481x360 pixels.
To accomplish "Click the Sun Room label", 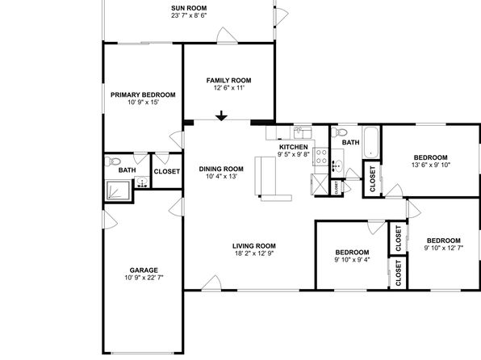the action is click(x=189, y=8).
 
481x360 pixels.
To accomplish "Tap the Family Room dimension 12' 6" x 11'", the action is click(x=229, y=88).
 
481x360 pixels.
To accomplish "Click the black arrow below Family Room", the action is click(x=221, y=115).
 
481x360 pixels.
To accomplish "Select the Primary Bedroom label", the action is click(x=143, y=94).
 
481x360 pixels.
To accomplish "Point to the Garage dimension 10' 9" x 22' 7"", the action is click(x=144, y=278).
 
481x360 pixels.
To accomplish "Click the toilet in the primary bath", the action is click(x=112, y=161).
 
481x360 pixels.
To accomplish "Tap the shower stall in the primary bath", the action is click(x=118, y=190).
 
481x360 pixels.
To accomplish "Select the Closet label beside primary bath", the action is click(x=166, y=172).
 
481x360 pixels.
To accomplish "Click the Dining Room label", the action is click(x=221, y=169).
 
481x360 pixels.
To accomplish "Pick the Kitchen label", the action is click(x=293, y=147).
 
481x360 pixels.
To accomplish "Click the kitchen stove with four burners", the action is click(x=320, y=157).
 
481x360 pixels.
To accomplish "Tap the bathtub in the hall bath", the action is click(x=371, y=142).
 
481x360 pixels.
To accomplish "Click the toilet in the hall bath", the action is click(x=340, y=132).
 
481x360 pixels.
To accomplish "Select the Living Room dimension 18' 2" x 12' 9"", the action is click(x=254, y=253).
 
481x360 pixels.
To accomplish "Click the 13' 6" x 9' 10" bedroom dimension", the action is click(x=431, y=165).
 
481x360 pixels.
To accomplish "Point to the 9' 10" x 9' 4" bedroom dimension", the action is click(x=352, y=260).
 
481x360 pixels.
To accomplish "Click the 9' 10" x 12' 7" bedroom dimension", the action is click(x=444, y=248).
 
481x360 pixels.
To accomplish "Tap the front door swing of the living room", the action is click(x=211, y=283).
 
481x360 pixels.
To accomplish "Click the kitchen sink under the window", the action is click(x=303, y=133).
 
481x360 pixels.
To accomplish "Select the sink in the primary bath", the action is click(x=142, y=182).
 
